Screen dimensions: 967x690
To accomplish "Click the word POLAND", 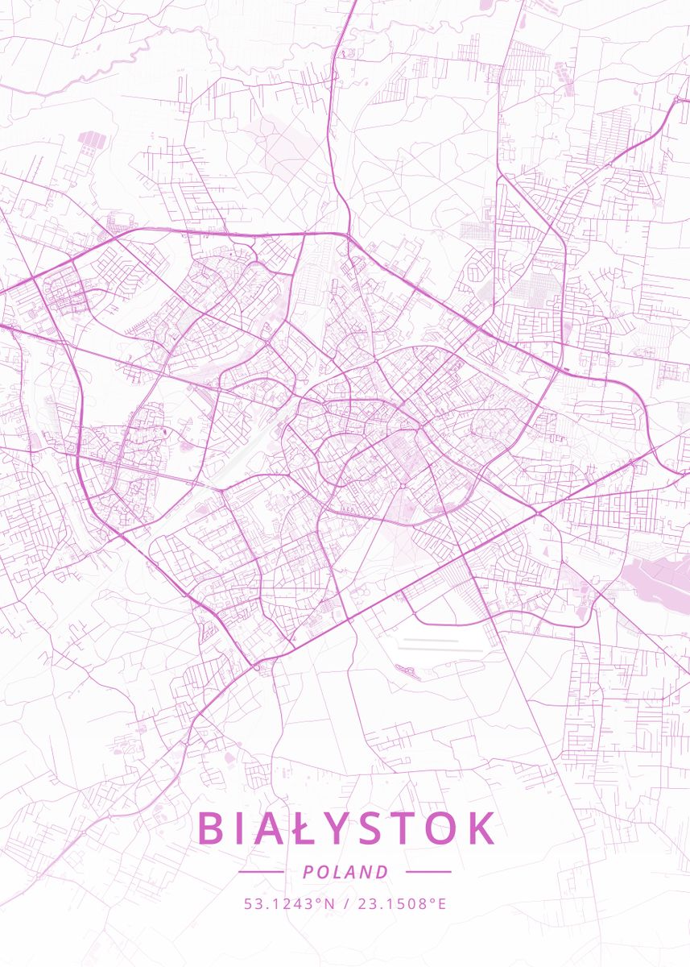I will click(x=345, y=872).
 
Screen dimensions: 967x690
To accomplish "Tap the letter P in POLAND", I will click(x=308, y=872).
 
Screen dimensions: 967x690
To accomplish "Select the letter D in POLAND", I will click(x=383, y=872).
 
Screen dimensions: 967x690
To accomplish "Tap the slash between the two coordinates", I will click(x=345, y=904).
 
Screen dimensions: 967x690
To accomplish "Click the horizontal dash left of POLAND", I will click(x=261, y=871).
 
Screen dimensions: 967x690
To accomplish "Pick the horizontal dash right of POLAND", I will click(x=428, y=871).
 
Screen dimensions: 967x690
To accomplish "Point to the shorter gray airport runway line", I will click(x=431, y=640).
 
